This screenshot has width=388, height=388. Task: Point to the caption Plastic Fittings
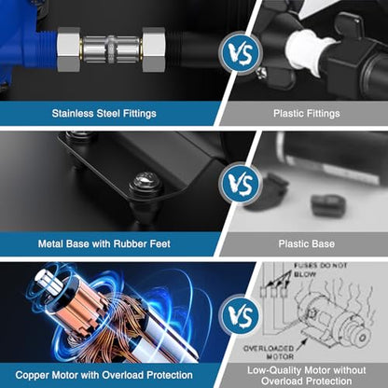point(307,113)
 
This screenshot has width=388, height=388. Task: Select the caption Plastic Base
point(307,243)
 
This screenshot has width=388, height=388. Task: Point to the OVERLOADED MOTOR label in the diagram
point(269,353)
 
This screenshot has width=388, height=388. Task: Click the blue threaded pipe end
point(45,49)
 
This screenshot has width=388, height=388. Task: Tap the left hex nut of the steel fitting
point(68,49)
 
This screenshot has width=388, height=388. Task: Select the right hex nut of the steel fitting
point(154,49)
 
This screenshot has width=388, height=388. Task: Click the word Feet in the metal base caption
point(160,243)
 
